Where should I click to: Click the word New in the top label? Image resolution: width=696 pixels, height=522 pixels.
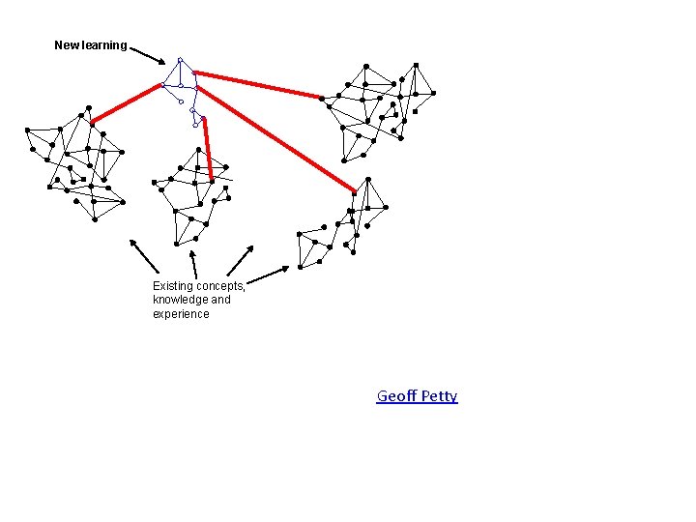[x=66, y=45]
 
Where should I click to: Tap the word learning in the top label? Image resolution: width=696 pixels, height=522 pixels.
[x=102, y=45]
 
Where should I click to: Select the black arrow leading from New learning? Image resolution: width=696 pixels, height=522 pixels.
[x=148, y=54]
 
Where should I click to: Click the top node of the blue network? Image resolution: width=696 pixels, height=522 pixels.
[x=180, y=60]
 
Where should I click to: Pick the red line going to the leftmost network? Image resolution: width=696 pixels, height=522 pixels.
[x=126, y=103]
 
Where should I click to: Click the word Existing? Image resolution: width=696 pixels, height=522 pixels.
[x=173, y=286]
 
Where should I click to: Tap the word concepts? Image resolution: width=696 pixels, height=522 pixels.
[x=220, y=286]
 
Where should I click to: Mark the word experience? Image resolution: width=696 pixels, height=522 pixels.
[x=181, y=314]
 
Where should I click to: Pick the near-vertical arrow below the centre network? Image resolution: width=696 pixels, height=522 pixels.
[x=194, y=265]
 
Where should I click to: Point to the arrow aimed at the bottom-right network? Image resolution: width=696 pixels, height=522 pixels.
[x=268, y=275]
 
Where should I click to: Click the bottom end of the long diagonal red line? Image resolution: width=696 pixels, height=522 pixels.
[x=353, y=190]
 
